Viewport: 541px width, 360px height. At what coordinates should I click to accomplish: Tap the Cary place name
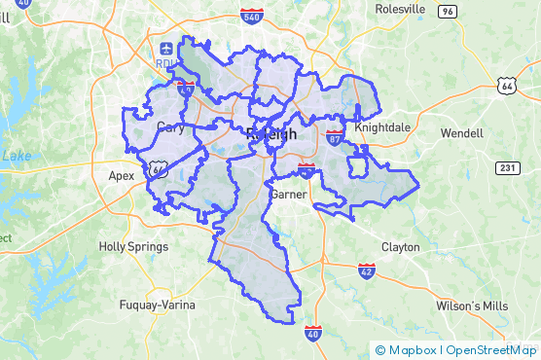(170, 127)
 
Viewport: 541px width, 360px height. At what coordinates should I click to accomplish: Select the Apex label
(122, 176)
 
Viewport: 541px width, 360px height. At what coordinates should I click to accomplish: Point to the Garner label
(288, 195)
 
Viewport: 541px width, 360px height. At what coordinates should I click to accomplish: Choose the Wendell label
(461, 131)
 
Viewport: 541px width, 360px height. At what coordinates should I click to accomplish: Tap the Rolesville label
(400, 9)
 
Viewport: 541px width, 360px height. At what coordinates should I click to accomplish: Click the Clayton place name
(401, 247)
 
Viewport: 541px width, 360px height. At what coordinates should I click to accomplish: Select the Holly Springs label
(133, 247)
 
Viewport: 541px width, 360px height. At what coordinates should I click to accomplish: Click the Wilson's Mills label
(472, 306)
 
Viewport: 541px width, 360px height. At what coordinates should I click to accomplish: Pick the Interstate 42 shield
(366, 270)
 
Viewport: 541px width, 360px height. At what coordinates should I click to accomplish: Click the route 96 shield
(447, 11)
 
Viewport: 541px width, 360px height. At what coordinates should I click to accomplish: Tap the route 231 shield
(506, 167)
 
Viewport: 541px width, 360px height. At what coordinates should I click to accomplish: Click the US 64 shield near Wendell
(506, 87)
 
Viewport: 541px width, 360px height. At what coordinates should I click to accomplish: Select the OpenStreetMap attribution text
(491, 350)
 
